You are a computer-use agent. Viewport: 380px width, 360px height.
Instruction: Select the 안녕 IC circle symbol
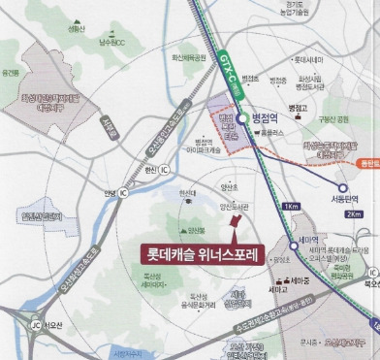coord(122,192)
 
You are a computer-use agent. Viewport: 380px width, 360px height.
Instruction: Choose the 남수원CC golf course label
coord(110,45)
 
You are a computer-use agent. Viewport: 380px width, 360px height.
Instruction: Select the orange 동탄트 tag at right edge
coord(367,164)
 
